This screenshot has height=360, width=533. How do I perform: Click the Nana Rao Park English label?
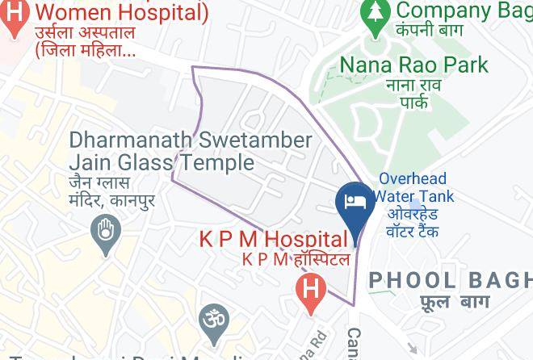413,64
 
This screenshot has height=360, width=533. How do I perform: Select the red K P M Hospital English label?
273,239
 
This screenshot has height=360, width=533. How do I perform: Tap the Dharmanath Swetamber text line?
191,140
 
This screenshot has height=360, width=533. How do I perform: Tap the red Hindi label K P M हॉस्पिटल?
296,259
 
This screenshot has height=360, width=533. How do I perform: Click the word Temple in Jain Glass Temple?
216,163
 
